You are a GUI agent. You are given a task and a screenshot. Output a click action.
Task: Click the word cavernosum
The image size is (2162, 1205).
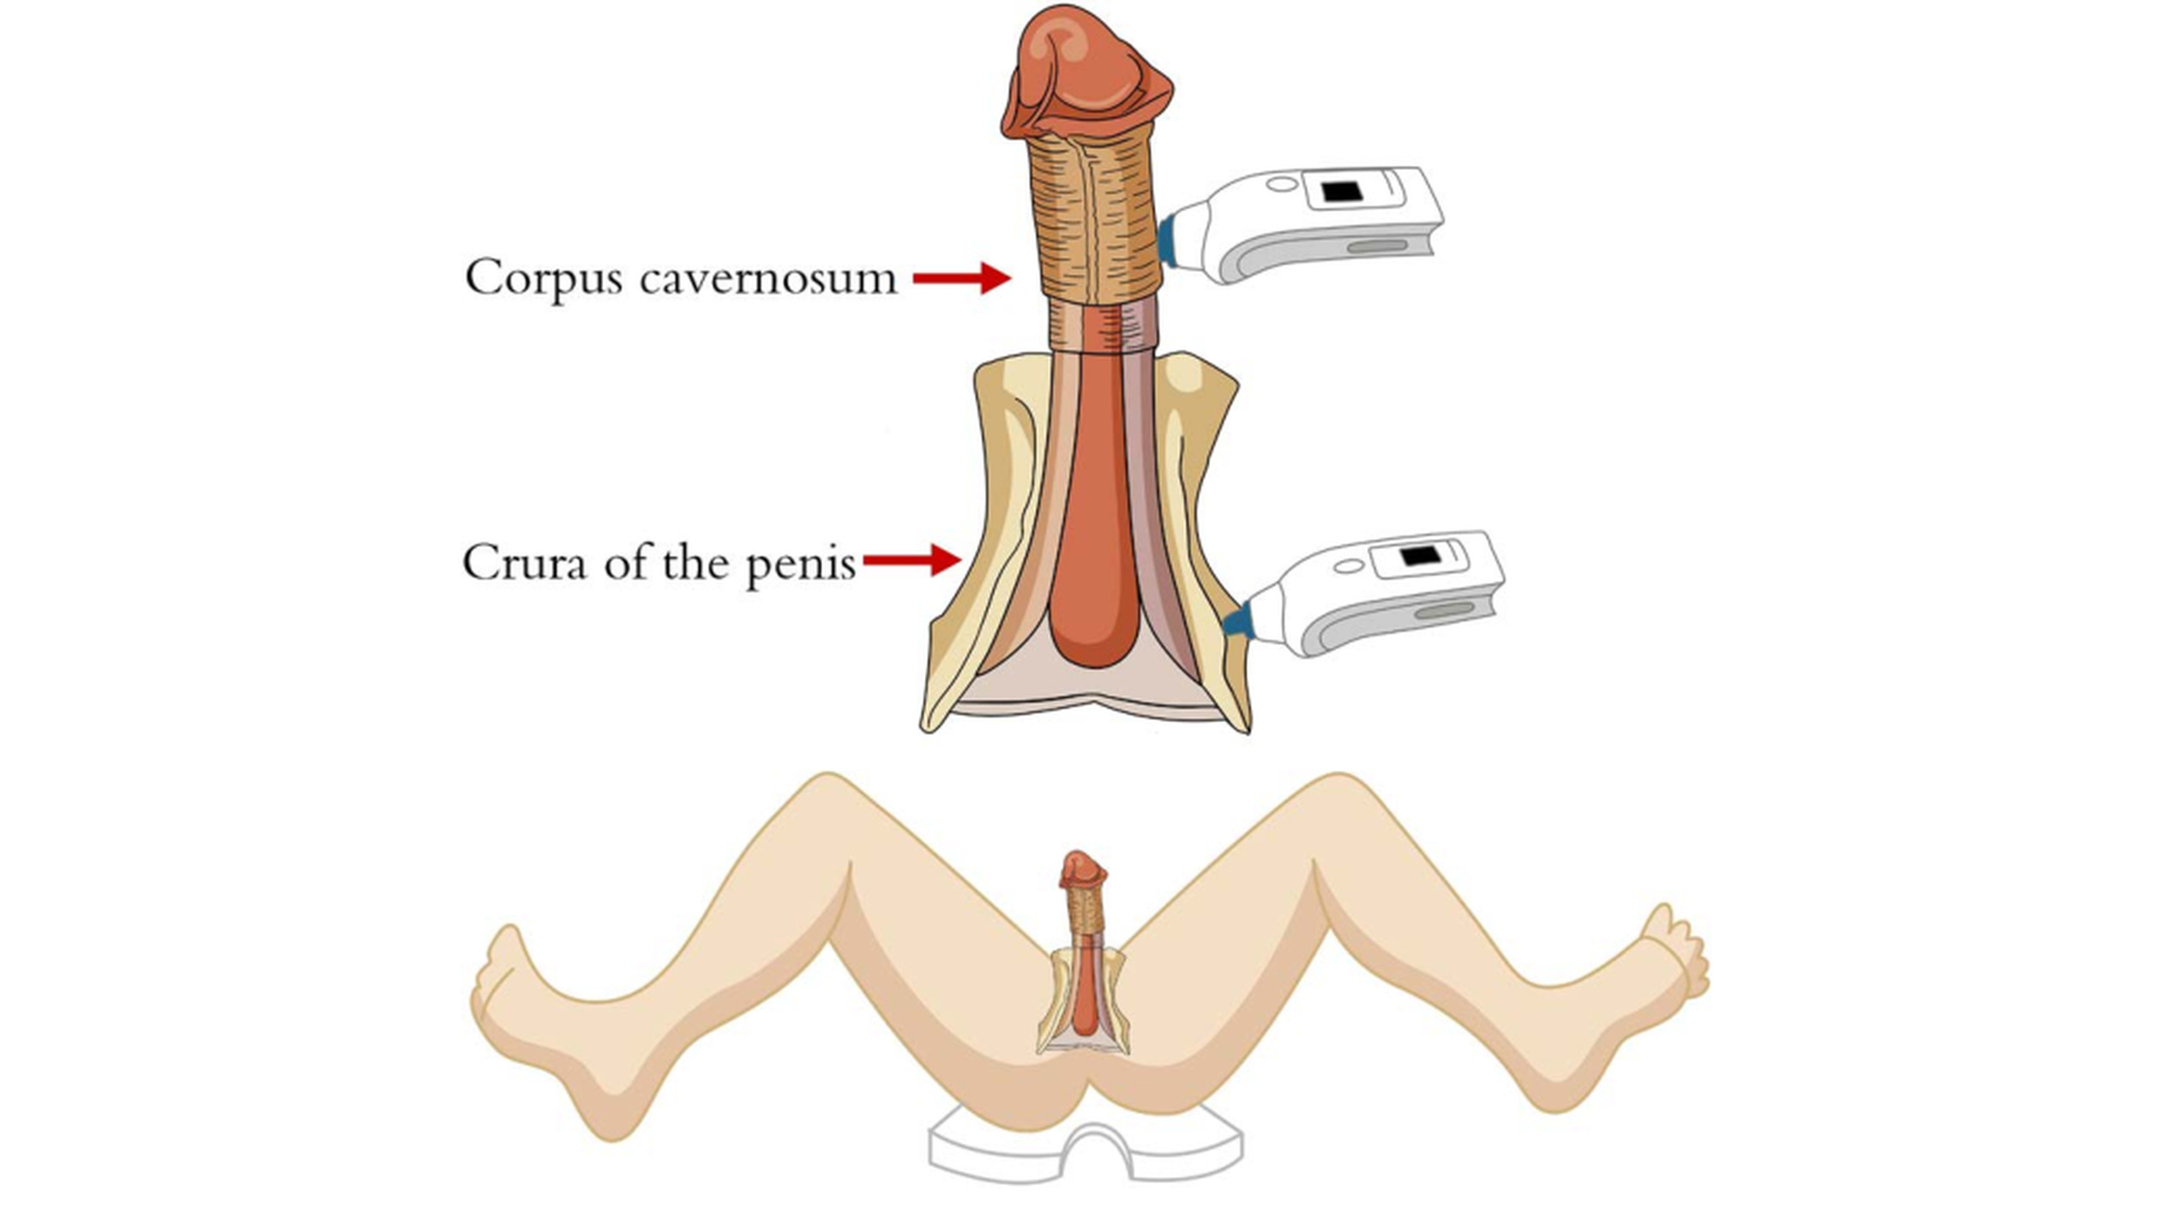coord(768,279)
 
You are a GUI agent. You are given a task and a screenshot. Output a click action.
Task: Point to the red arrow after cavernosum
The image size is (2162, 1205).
coord(962,278)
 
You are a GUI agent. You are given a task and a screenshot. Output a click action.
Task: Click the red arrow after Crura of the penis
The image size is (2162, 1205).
coord(912,561)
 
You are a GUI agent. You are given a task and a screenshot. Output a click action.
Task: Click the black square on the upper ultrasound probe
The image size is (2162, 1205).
coord(1342,191)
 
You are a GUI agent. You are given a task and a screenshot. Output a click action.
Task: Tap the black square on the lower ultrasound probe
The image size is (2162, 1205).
coord(1419,555)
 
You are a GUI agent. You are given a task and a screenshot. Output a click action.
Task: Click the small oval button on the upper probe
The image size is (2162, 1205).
coord(1282,185)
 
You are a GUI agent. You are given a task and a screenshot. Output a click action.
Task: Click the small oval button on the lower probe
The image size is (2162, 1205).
coord(1349,567)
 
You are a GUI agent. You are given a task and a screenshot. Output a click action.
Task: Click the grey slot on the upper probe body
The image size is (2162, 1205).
coord(1377,247)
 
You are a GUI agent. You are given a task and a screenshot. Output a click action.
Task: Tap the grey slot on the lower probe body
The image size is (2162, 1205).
coord(1445,611)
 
